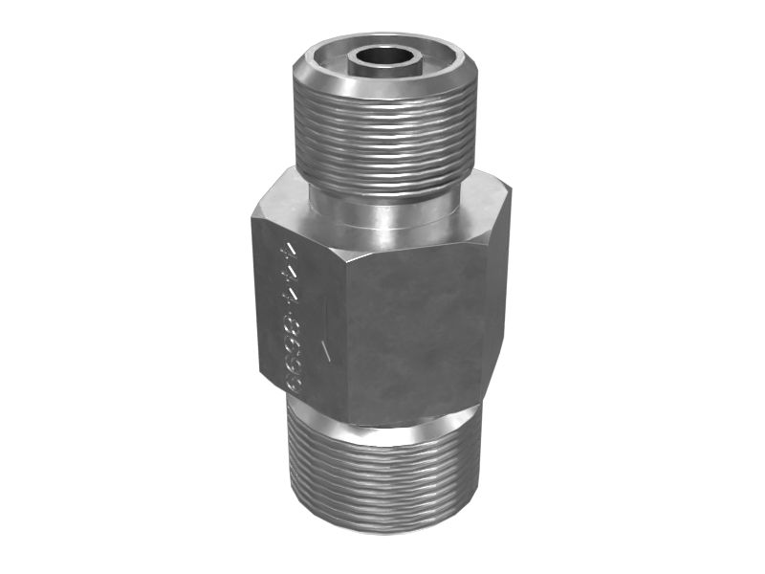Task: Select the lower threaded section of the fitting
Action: (382, 474)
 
